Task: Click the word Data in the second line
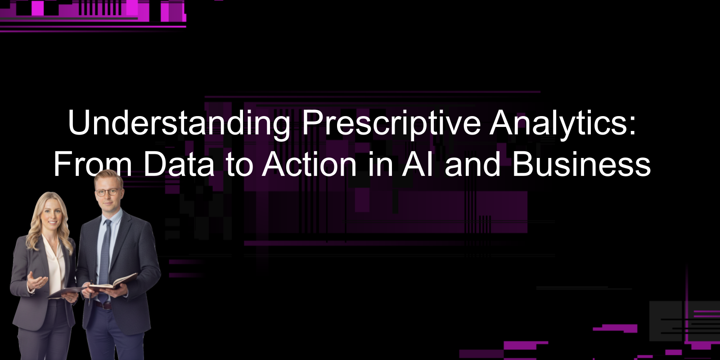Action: (x=179, y=164)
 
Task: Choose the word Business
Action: (x=581, y=164)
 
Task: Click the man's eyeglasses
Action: (x=107, y=192)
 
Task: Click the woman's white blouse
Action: (x=54, y=265)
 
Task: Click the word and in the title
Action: (x=472, y=164)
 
